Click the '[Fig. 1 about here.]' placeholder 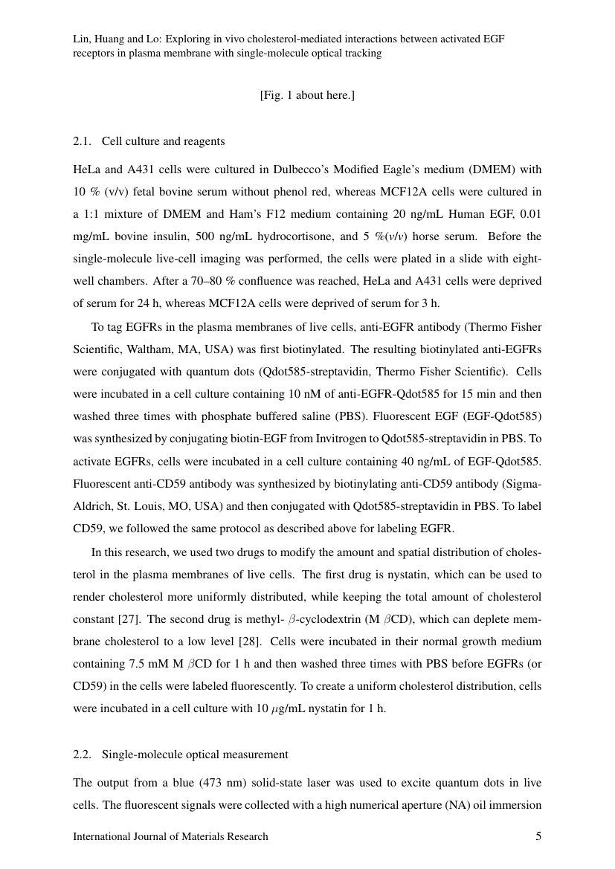coord(307,95)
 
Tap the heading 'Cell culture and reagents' coord(163,141)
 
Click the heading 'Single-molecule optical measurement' coord(195,755)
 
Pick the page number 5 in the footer coord(538,836)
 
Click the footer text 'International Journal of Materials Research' coord(170,837)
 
